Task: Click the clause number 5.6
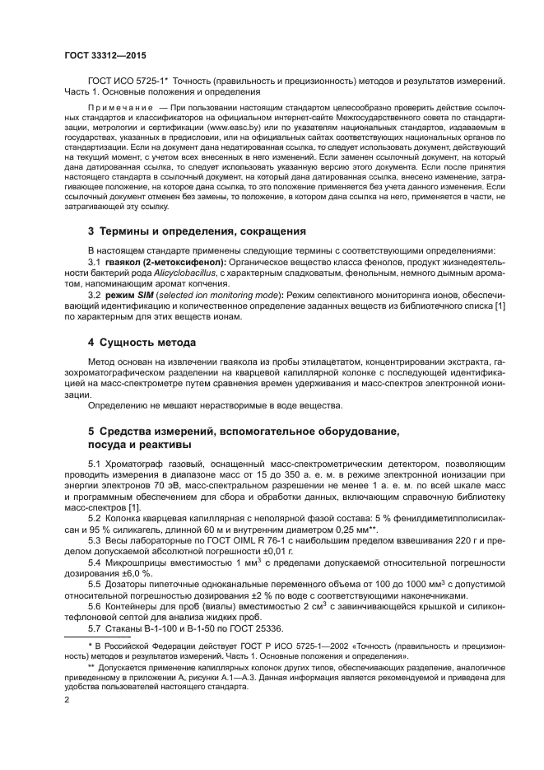click(95, 604)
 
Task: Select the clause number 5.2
click(95, 519)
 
